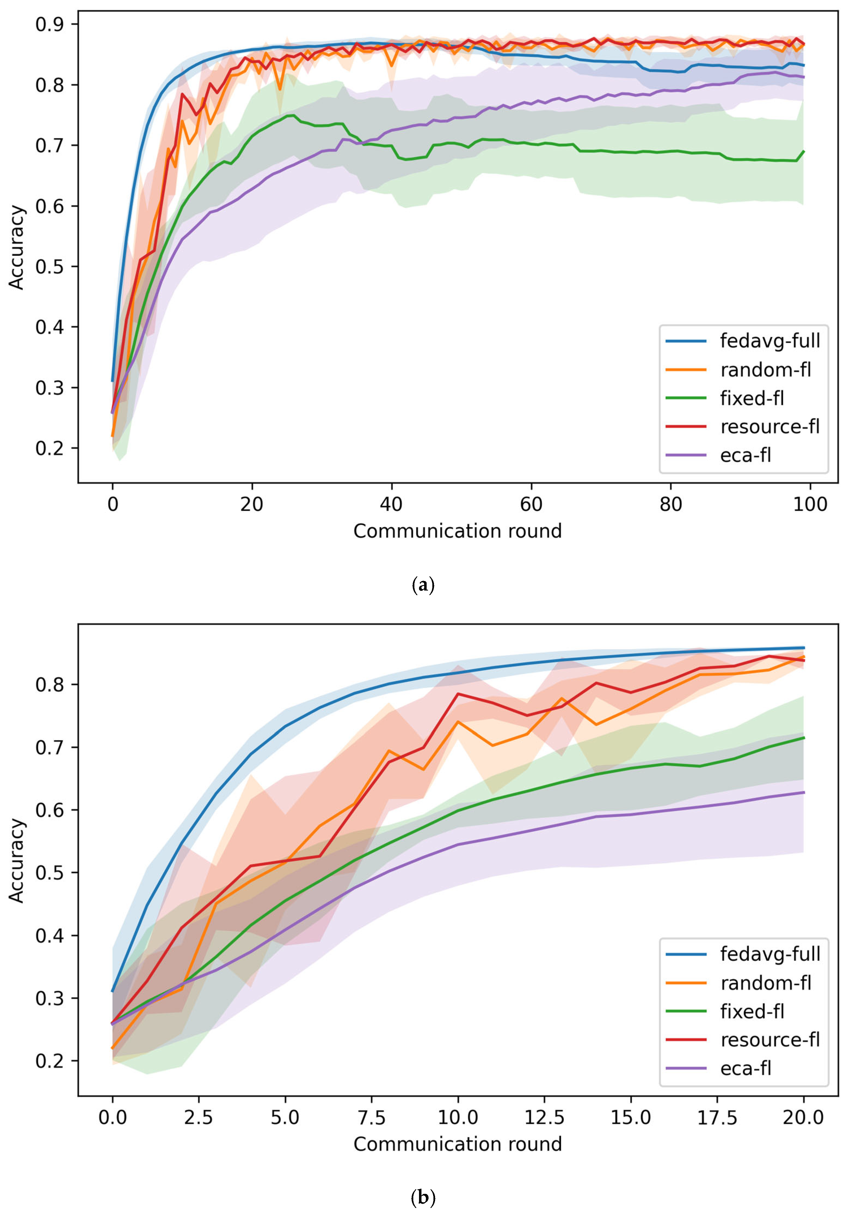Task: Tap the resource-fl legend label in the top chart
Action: point(770,427)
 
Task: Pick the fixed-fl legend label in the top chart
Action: point(752,398)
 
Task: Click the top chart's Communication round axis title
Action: point(457,531)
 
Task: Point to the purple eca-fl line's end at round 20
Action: point(804,792)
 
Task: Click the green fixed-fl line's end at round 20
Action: point(804,737)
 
